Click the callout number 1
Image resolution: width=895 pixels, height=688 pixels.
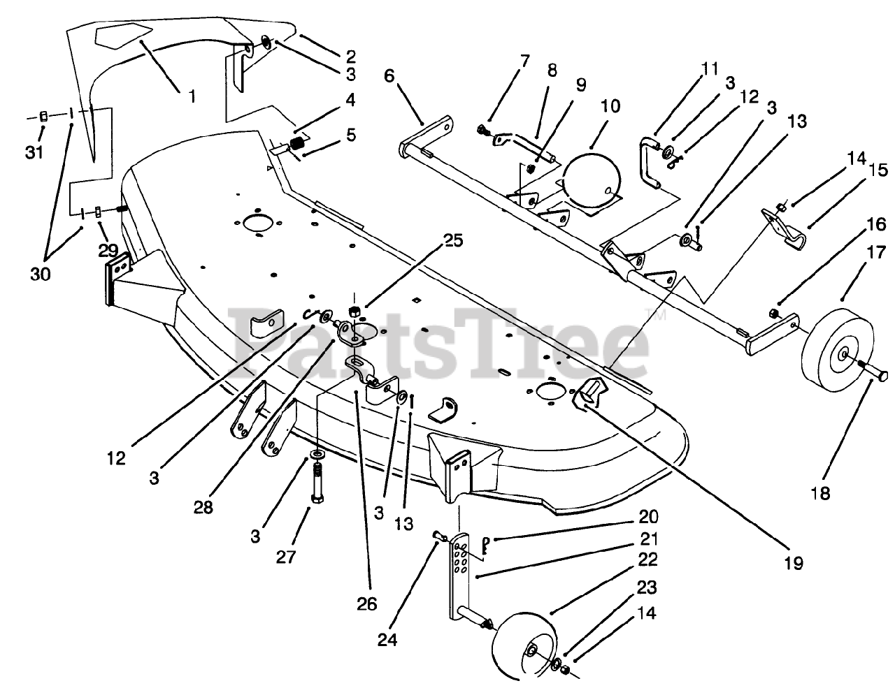coord(192,96)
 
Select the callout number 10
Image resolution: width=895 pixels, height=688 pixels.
coord(610,106)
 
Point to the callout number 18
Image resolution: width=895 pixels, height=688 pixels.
coord(821,493)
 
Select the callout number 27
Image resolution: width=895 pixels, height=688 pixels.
coord(285,557)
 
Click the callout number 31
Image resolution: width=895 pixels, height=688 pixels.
coord(34,151)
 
